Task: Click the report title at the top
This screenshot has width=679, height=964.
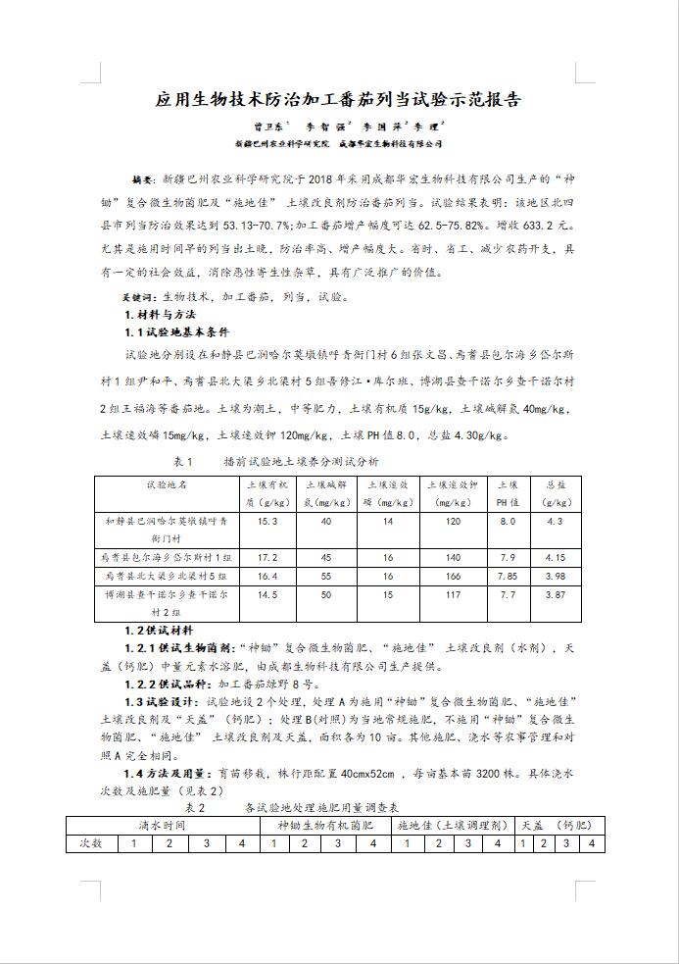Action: point(339,100)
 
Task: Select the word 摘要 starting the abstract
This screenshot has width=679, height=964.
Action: point(143,182)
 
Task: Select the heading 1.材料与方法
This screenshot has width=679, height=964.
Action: point(164,314)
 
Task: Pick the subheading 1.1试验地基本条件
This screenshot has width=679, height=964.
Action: point(183,332)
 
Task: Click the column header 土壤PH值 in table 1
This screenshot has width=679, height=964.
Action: point(507,492)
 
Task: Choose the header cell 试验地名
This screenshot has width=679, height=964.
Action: point(167,484)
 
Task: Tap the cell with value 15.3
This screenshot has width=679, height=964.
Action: point(267,522)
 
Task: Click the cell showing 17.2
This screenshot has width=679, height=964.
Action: point(267,557)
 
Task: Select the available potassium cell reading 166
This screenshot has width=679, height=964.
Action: point(452,576)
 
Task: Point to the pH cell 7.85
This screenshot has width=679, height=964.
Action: point(507,576)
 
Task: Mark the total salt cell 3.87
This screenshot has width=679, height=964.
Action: point(555,594)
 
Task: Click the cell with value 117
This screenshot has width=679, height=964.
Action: point(452,594)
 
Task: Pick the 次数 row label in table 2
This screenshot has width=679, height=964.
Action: point(91,843)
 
